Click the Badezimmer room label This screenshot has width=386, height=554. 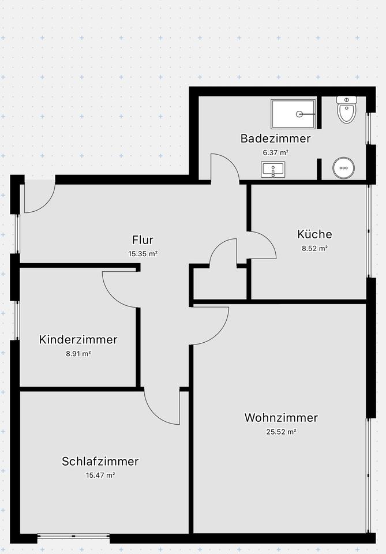click(x=275, y=138)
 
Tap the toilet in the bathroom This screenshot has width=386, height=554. click(x=347, y=110)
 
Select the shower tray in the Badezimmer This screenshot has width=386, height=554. click(x=294, y=114)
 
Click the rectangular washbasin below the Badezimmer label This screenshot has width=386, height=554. click(x=272, y=170)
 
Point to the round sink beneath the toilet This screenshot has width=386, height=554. click(x=343, y=168)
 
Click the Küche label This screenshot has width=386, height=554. click(x=314, y=234)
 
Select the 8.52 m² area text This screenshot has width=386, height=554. click(x=314, y=249)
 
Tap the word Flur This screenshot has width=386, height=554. click(x=143, y=240)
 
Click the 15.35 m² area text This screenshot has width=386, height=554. click(x=143, y=253)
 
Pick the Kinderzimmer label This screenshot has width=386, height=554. click(x=78, y=339)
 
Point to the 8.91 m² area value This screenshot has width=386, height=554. click(x=78, y=353)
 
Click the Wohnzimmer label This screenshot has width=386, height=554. click(x=281, y=417)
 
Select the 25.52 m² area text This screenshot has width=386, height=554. click(x=281, y=432)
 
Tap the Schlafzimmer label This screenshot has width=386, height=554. click(x=100, y=461)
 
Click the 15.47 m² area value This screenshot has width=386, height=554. click(x=100, y=475)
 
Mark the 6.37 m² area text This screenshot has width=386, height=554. click(x=275, y=153)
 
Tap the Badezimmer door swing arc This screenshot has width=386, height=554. click(x=224, y=168)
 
